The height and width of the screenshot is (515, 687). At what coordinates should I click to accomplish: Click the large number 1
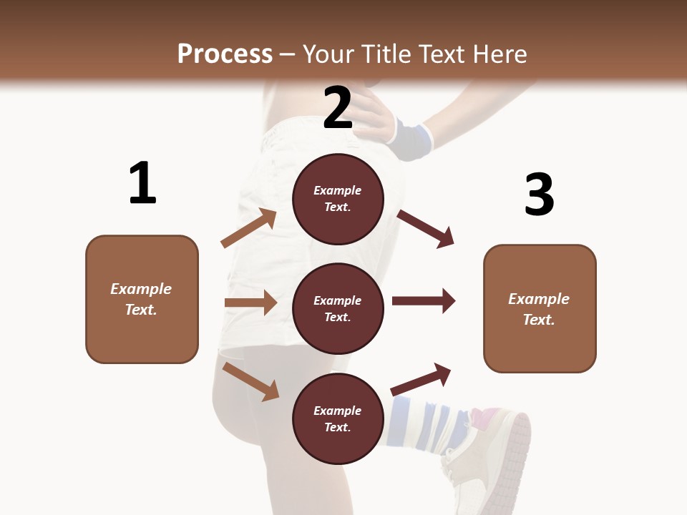point(142,184)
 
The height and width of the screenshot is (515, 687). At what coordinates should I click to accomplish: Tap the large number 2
point(338,108)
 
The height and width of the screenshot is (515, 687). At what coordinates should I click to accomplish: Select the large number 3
point(540,195)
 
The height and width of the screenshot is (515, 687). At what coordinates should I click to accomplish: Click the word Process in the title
point(225,54)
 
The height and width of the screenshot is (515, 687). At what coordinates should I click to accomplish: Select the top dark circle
point(338,199)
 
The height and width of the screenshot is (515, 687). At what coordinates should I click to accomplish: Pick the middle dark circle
point(338,308)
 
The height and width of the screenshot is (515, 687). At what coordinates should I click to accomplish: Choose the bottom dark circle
point(338,418)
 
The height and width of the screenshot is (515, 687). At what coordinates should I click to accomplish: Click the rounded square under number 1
point(142,299)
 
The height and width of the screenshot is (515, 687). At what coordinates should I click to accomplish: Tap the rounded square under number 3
point(540,308)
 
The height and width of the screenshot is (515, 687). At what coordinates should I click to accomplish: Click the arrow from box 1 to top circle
point(249,228)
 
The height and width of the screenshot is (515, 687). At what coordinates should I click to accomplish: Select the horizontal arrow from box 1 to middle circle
point(250,303)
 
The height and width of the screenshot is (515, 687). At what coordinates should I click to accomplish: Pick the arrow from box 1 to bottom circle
point(251,381)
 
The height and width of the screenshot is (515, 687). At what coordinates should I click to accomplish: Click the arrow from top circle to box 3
point(425,228)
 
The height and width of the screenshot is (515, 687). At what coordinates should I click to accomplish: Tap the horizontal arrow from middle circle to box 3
point(424,300)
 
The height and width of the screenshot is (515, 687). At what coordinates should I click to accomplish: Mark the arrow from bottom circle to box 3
point(422,379)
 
